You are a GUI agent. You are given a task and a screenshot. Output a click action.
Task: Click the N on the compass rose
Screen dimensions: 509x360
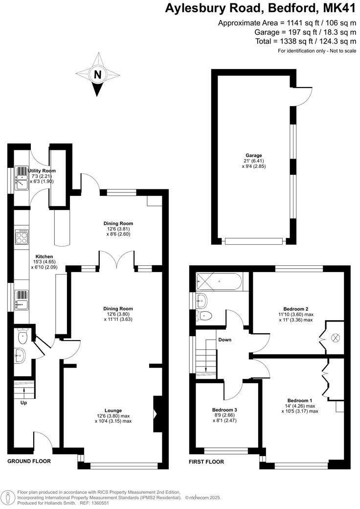[x=98, y=75]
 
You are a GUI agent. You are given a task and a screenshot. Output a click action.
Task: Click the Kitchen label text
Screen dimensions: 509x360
[x=44, y=256]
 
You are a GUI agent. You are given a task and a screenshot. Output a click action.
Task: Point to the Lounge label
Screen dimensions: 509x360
[x=113, y=410]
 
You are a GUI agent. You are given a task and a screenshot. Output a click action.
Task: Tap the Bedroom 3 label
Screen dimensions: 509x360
[x=225, y=410]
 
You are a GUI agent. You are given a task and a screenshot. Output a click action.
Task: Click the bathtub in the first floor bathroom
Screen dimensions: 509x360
[x=218, y=282]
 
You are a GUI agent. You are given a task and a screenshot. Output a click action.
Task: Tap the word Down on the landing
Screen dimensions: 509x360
[x=225, y=340]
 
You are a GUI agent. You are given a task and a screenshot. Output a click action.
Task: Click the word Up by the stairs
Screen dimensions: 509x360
[x=23, y=403]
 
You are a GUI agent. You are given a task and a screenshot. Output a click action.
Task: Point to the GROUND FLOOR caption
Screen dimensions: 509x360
[x=29, y=461]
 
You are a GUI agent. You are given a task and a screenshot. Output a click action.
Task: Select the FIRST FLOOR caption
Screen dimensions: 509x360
[x=206, y=462]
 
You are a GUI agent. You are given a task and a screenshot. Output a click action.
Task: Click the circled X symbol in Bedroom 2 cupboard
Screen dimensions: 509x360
[x=336, y=337]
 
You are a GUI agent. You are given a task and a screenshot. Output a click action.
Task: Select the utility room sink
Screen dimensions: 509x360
[x=22, y=184]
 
